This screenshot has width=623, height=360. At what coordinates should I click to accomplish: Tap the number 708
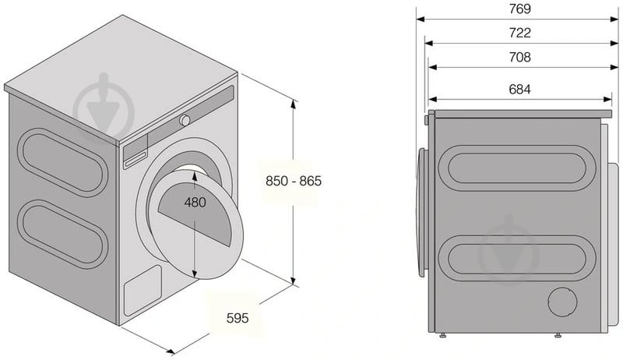520,57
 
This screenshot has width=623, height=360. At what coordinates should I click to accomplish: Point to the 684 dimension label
520,89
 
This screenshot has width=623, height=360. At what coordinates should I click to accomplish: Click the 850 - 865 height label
294,180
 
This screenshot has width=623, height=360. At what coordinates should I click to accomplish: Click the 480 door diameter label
195,203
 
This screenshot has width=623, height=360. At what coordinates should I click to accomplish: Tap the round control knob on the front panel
185,120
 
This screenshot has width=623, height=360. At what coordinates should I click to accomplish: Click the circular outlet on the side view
562,303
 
